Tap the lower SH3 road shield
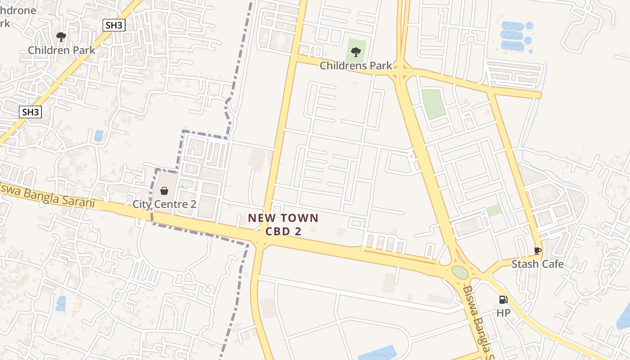coord(30,112)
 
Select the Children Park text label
coord(62,50)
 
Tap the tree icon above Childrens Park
coord(356,52)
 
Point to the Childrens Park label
coord(356,66)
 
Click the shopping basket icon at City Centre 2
coord(164,191)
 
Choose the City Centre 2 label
coord(164,204)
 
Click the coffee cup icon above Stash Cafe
coord(537,251)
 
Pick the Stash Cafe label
coord(537,264)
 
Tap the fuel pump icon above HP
coord(503,300)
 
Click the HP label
coord(503,312)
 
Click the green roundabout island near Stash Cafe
coord(460,273)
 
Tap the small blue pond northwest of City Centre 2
coord(99,135)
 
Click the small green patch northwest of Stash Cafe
coord(494,210)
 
